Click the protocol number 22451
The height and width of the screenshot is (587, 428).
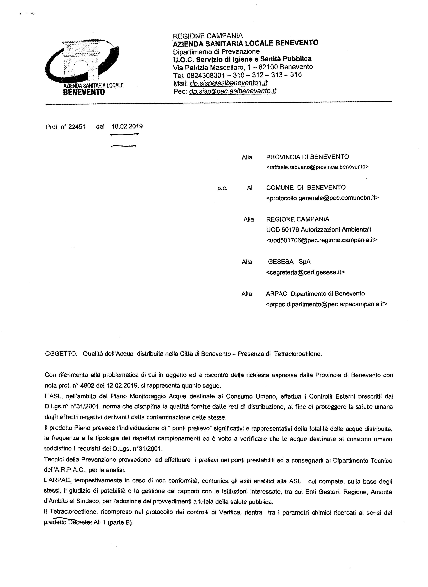coord(76,127)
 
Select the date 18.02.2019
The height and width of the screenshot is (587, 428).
coord(127,126)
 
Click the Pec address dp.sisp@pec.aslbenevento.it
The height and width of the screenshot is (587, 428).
coord(232,91)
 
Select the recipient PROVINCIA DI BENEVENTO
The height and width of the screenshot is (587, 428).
coord(308,157)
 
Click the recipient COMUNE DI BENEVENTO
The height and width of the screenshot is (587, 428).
coord(306,187)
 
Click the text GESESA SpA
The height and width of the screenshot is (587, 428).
coord(289,262)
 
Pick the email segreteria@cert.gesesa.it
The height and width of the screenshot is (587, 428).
coord(305,272)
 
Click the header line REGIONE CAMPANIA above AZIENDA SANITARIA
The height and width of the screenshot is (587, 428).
coord(208,36)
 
